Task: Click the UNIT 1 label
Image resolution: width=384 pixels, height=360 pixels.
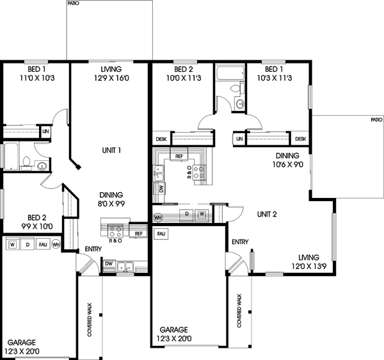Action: click(111, 151)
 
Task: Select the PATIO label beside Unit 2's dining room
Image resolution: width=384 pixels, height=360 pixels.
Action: click(376, 119)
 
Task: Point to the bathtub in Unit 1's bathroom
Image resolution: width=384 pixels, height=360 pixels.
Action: click(12, 156)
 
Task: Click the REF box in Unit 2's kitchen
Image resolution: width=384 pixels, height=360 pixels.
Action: click(179, 156)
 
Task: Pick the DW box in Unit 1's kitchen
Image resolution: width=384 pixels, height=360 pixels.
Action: click(109, 263)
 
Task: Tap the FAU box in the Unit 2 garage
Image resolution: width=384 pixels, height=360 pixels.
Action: click(162, 234)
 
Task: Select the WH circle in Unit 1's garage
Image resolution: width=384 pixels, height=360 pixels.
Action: click(56, 244)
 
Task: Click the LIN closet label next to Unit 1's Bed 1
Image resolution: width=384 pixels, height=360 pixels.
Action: click(45, 131)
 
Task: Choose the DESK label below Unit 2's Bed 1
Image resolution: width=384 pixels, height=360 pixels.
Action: click(300, 138)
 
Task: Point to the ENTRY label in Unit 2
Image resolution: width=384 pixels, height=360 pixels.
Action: click(240, 242)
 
